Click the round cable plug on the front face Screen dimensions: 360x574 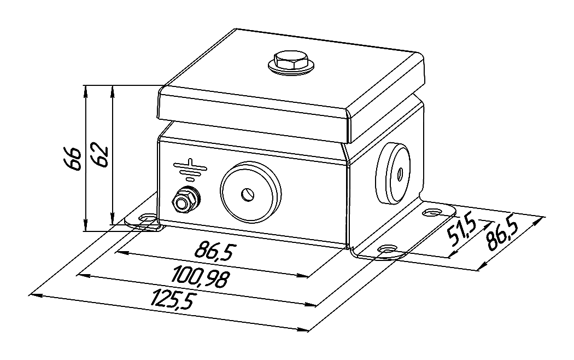(251, 191)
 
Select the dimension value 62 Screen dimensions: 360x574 (100, 158)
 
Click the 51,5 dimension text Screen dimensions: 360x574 (461, 233)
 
